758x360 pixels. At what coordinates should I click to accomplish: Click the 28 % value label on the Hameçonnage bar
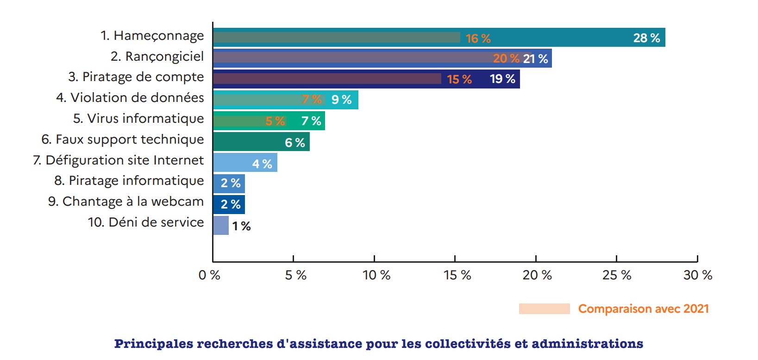(646, 38)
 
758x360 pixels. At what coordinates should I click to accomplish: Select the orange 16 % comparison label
(478, 38)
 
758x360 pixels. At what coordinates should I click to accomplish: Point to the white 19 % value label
(502, 79)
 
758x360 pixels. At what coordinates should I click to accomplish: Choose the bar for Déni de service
(221, 225)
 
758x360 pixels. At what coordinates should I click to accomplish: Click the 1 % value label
(241, 226)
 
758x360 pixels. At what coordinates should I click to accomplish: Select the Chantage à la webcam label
(126, 202)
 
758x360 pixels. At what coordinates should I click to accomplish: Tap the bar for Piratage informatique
(229, 183)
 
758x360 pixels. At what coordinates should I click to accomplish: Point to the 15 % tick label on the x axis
(457, 275)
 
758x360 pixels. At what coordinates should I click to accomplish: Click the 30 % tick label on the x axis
(698, 275)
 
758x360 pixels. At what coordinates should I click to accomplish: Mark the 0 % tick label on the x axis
(209, 275)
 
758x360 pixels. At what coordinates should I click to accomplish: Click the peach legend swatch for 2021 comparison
(544, 309)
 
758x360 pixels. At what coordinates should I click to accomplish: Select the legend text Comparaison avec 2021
(643, 309)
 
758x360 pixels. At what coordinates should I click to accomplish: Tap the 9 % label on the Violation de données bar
(341, 100)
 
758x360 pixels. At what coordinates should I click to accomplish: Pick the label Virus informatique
(138, 119)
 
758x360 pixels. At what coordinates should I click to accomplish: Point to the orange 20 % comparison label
(506, 59)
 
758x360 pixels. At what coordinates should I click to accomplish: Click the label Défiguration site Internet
(119, 160)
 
